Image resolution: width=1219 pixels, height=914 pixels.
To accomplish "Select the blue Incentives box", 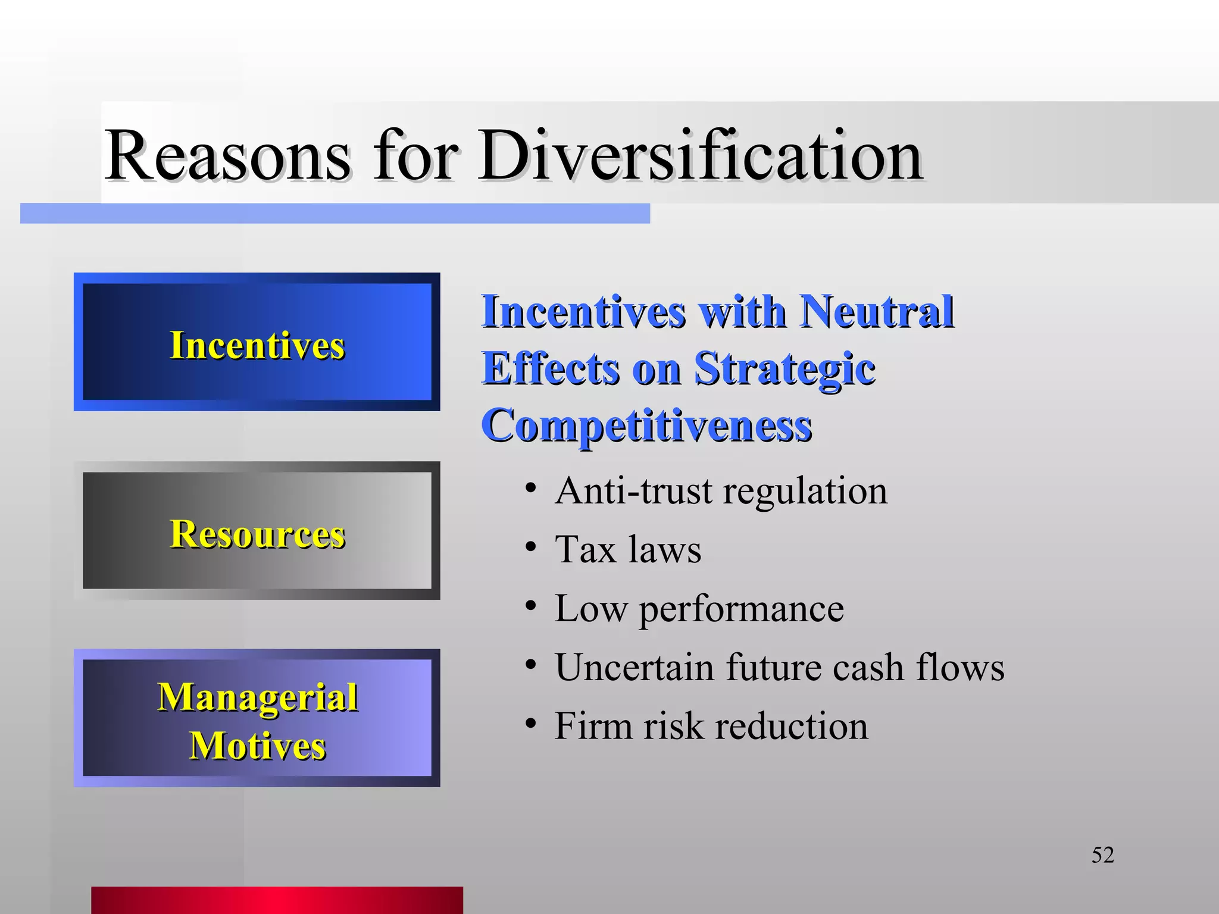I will point(257,342).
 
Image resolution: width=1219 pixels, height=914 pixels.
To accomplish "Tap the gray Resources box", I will point(257,531).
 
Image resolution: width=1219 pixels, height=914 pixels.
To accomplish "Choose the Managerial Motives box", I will point(257,718).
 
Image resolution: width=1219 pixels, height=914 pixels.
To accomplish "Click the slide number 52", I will point(1102,855).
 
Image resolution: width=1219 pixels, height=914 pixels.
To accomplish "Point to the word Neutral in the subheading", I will point(876,311).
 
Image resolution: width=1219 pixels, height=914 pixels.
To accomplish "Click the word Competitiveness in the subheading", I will point(646,426).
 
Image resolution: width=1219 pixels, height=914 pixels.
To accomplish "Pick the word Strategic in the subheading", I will point(784,369).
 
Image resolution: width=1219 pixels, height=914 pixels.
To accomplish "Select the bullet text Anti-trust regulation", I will point(721,492).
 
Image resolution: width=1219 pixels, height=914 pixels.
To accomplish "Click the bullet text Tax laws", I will point(628,549).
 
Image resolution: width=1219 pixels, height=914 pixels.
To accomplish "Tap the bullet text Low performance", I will point(699,609).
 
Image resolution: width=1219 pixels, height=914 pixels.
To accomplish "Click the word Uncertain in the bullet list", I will point(634,667).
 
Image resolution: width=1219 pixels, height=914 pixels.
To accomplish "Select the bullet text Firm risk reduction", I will point(711,726).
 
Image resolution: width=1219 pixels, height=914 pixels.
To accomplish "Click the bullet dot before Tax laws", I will point(531,547).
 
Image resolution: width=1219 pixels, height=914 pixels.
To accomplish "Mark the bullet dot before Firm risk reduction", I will point(531,724).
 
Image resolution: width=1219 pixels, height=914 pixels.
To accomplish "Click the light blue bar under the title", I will point(335,214).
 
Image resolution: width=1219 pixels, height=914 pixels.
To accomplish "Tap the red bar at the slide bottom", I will point(277,900).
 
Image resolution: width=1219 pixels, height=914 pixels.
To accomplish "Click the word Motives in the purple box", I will point(257,746).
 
